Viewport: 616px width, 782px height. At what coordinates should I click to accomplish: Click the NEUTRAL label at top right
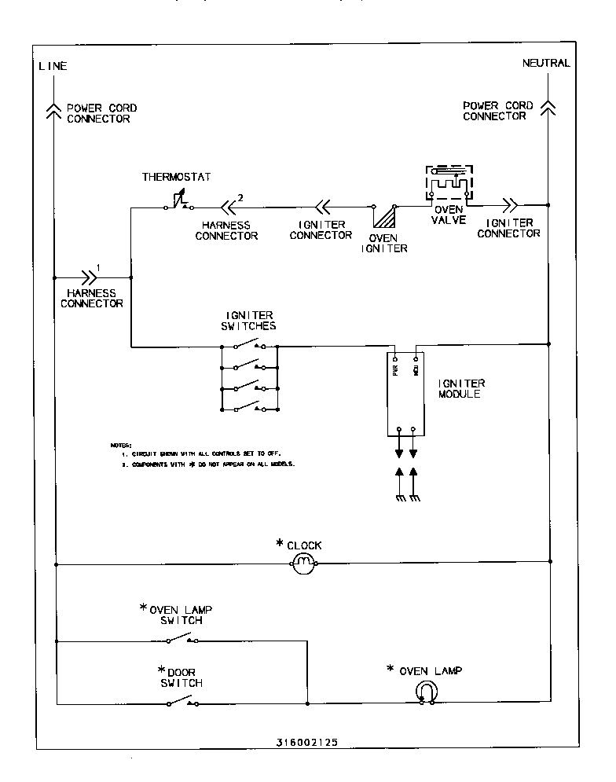(x=546, y=63)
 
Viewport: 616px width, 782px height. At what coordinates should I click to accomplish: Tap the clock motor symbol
(x=303, y=562)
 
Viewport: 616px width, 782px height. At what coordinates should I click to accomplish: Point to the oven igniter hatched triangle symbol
(x=384, y=217)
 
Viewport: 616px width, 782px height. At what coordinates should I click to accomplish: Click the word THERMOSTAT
(x=176, y=176)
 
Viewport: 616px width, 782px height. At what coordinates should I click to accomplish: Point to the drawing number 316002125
(x=308, y=741)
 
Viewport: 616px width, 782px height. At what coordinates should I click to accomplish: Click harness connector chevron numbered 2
(x=228, y=207)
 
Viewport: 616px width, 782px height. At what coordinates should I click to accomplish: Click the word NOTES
(x=121, y=446)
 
